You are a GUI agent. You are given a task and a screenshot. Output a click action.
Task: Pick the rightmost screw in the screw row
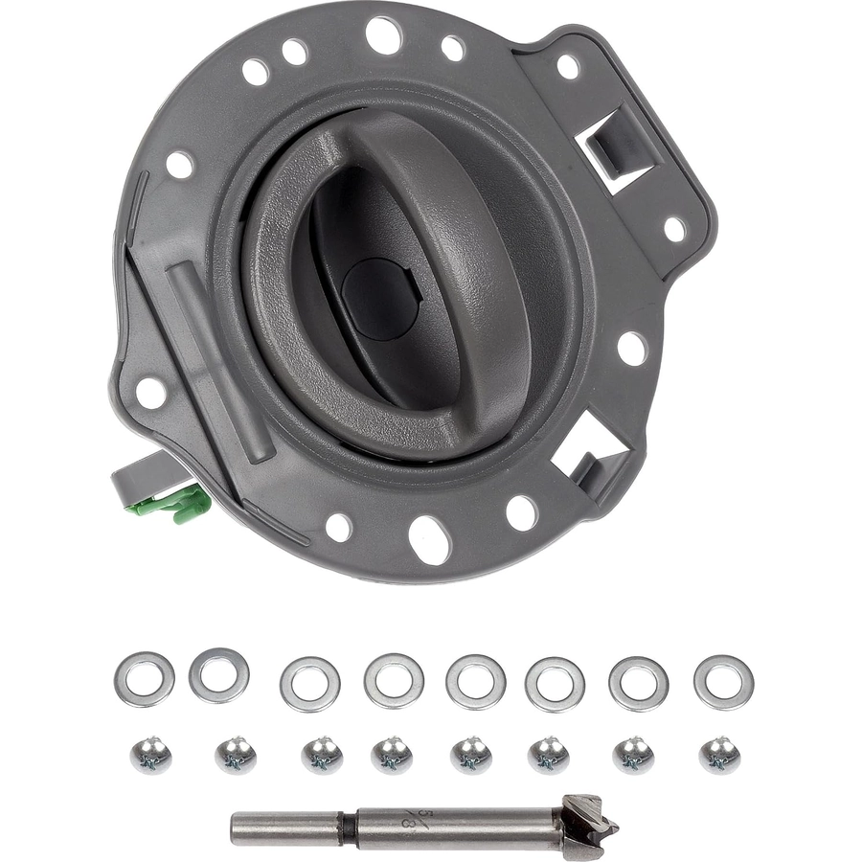(719, 755)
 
